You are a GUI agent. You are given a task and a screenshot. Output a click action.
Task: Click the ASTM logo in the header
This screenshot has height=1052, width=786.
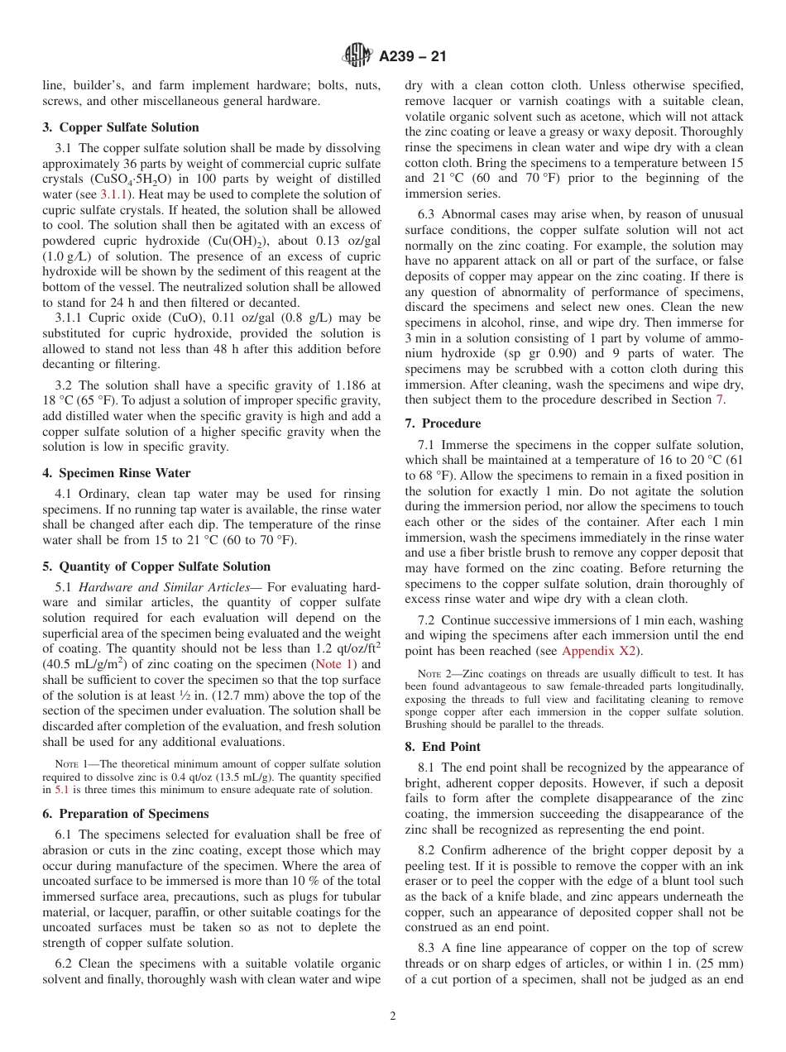(x=357, y=56)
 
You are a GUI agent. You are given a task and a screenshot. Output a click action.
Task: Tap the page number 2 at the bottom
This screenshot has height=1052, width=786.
(x=393, y=1016)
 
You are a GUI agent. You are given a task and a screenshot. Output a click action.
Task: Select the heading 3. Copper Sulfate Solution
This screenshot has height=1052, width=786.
(x=121, y=127)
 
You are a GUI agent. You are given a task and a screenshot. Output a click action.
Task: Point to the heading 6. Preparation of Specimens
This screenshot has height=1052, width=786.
(x=125, y=813)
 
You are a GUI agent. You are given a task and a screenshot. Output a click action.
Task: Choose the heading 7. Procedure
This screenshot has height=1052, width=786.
(x=443, y=423)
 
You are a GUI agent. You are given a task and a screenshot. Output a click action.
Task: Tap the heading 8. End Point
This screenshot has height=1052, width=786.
(x=443, y=746)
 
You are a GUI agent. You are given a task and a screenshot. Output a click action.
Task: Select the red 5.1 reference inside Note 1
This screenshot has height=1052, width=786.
(x=62, y=790)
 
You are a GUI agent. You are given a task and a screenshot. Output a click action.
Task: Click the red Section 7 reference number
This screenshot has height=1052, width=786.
(x=719, y=399)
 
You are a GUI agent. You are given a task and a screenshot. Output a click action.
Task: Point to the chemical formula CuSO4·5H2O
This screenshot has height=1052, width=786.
(x=127, y=179)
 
